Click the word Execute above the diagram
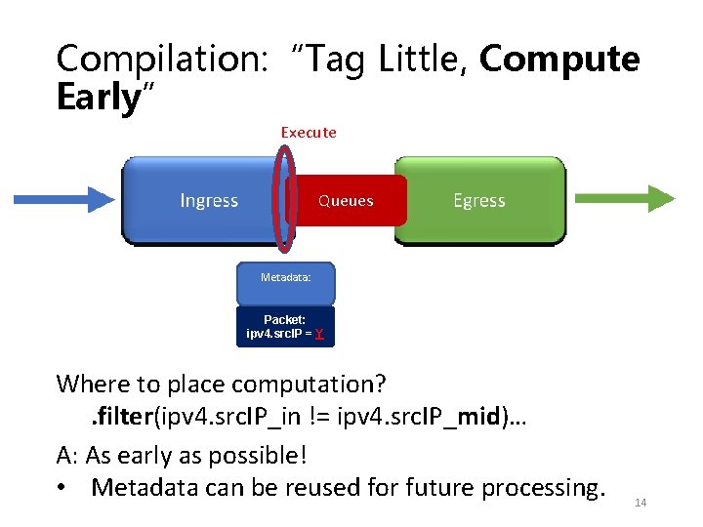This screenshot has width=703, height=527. pyautogui.click(x=309, y=132)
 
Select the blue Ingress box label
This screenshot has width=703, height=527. pyautogui.click(x=209, y=200)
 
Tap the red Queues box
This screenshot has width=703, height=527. pyautogui.click(x=347, y=201)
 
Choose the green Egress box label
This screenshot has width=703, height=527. pyautogui.click(x=478, y=200)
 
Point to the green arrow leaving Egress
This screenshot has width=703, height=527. pyautogui.click(x=624, y=198)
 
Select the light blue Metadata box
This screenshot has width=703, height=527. pyautogui.click(x=286, y=278)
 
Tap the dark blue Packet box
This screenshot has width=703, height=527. pyautogui.click(x=285, y=327)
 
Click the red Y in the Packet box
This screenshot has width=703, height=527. pyautogui.click(x=319, y=335)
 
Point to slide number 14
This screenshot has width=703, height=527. pyautogui.click(x=641, y=503)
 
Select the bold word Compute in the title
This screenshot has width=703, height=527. pyautogui.click(x=559, y=60)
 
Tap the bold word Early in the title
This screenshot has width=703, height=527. pyautogui.click(x=98, y=98)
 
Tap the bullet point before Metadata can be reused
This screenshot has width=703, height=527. pyautogui.click(x=65, y=486)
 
